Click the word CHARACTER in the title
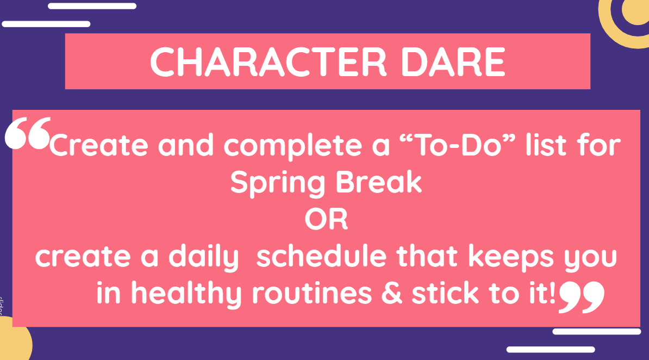click(268, 62)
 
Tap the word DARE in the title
click(453, 62)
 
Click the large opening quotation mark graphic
click(28, 133)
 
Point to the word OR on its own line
click(326, 220)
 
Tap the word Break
click(379, 182)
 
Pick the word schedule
click(322, 256)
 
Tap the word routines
click(312, 293)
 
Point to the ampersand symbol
click(391, 293)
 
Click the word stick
click(445, 293)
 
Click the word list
click(546, 145)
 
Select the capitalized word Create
click(98, 145)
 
